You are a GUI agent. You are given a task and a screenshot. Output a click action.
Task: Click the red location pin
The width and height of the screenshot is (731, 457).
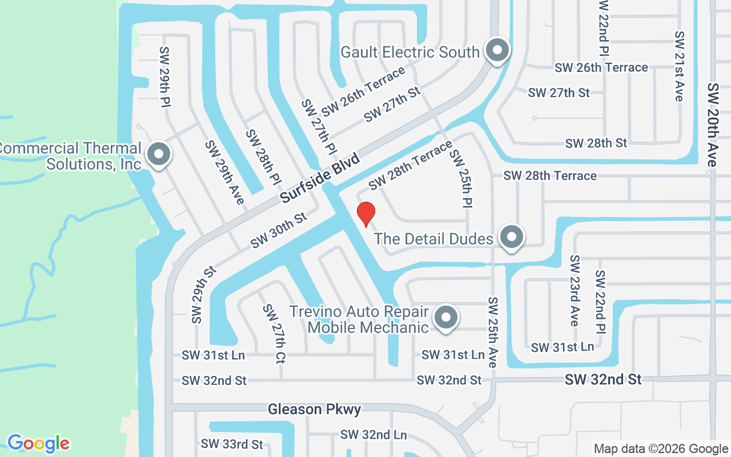[365, 214]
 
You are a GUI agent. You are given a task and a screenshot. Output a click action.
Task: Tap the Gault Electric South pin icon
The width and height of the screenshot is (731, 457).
[497, 50]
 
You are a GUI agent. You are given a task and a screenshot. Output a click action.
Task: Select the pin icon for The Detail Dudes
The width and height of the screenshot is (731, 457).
[511, 236]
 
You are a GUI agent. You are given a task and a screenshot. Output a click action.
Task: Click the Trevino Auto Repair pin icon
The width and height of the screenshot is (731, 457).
[446, 317]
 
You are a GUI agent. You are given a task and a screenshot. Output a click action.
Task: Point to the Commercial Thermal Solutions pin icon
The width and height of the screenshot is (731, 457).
[158, 154]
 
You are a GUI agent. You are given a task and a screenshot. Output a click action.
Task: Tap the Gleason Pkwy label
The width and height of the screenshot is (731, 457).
[315, 410]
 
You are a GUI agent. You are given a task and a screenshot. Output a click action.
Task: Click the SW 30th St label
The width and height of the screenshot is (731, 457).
[279, 230]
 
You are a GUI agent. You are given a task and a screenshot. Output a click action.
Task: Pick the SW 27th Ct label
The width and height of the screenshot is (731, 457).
[274, 334]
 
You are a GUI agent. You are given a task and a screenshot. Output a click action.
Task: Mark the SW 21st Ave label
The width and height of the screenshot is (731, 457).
[678, 66]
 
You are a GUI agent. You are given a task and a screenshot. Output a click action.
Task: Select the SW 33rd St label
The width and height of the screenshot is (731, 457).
[232, 444]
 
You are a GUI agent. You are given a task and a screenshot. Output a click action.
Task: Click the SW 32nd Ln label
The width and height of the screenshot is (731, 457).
[373, 435]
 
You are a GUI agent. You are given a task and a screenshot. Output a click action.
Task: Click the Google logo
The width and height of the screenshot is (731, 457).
[38, 443]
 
